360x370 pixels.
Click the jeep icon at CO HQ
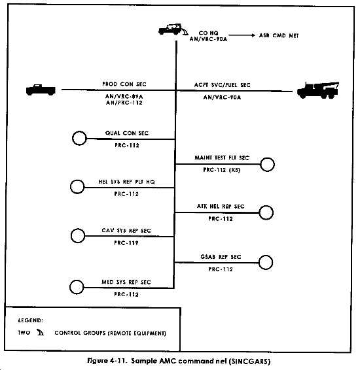point(171,29)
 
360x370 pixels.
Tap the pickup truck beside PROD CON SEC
point(41,90)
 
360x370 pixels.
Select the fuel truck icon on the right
point(317,90)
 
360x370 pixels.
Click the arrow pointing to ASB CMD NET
point(242,35)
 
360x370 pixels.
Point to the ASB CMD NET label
point(279,36)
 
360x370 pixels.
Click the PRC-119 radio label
point(126,243)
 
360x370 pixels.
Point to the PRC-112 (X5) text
point(222,170)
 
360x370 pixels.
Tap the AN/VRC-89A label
point(124,96)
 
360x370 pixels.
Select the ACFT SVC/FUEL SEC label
point(222,85)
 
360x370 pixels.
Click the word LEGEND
point(31,320)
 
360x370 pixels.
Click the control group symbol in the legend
point(40,332)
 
